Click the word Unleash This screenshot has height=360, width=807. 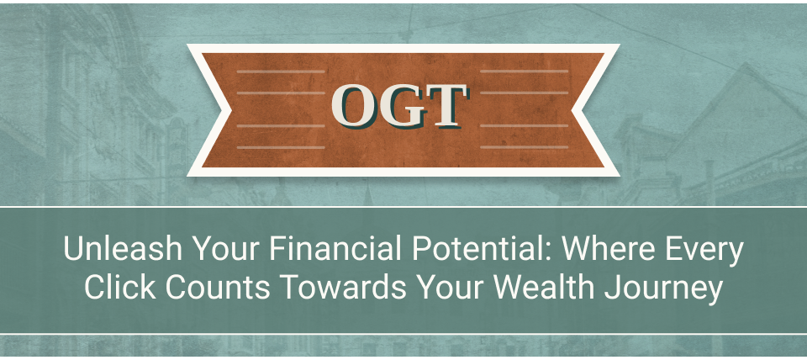click(123, 249)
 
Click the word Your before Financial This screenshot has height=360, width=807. click(226, 249)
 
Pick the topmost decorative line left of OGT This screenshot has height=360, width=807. click(281, 71)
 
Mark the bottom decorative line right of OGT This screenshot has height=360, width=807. click(524, 147)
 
